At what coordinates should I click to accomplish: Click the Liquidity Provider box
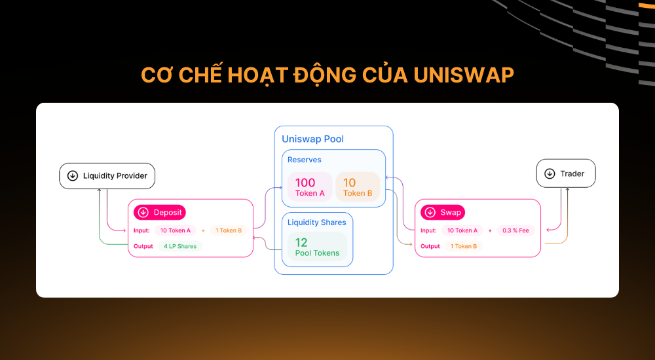[107, 176]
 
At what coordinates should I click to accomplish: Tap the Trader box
[566, 173]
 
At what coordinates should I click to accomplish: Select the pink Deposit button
[160, 212]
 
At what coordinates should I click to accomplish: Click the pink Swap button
[442, 212]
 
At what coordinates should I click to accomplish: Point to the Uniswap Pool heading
[312, 139]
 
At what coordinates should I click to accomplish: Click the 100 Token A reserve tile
[310, 187]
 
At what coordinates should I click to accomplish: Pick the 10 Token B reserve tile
[358, 187]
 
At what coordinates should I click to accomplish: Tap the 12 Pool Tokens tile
[318, 247]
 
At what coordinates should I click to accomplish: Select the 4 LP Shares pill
[180, 246]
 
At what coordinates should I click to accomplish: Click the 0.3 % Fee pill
[515, 230]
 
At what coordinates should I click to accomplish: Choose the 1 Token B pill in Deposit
[229, 230]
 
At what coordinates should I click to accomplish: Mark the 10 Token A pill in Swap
[462, 230]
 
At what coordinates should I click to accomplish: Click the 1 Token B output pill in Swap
[464, 246]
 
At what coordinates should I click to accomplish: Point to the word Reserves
[304, 160]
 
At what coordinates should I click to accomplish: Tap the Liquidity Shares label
[316, 223]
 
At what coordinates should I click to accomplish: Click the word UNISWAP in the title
[464, 75]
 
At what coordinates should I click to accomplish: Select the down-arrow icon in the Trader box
[550, 173]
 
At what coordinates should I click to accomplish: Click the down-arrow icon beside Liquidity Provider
[73, 176]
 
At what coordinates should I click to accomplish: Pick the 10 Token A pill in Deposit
[176, 230]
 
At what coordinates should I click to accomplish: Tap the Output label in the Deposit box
[143, 246]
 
